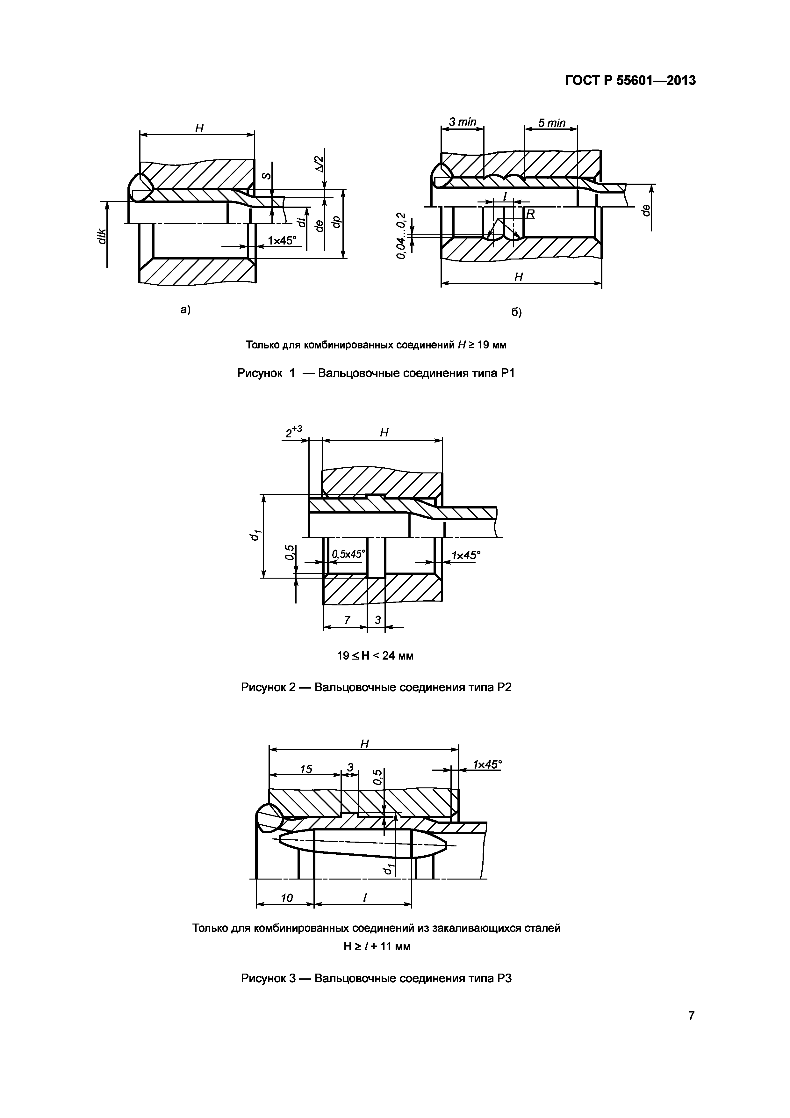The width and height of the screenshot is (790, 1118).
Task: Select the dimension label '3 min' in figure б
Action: [462, 122]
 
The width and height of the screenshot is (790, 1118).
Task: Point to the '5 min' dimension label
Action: [552, 123]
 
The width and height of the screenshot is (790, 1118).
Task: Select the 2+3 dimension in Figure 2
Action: [293, 431]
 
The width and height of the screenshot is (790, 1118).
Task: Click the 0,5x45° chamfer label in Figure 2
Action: [348, 554]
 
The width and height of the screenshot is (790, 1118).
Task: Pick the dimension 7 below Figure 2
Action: [347, 619]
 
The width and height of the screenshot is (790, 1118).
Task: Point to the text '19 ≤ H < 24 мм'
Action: [375, 655]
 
